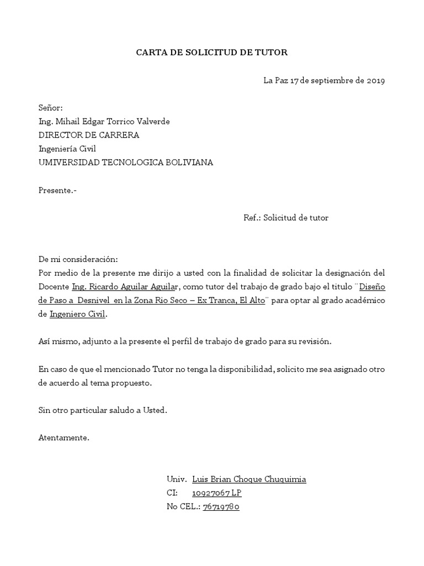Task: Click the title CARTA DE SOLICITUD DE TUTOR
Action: (x=212, y=53)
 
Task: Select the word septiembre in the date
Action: (x=333, y=81)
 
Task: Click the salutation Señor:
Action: (x=51, y=107)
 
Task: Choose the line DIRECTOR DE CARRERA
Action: (x=89, y=135)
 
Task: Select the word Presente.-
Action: (x=57, y=191)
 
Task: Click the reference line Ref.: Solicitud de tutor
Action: (x=286, y=218)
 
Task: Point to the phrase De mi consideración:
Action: (x=78, y=259)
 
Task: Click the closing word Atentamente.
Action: (x=63, y=438)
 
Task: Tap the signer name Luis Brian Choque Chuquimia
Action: (x=248, y=479)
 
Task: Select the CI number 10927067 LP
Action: (x=216, y=493)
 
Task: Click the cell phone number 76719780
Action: (x=221, y=507)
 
